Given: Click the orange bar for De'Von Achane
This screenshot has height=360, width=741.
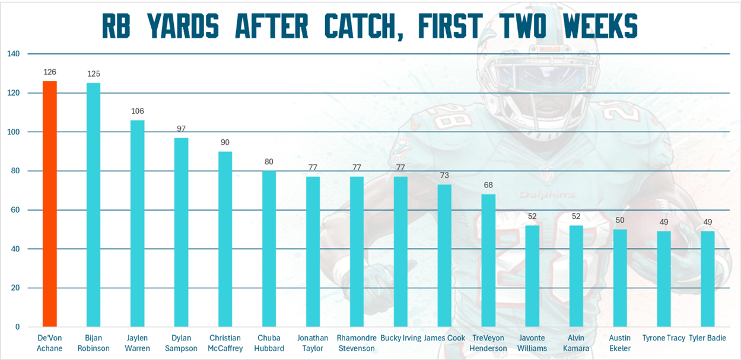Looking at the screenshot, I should (x=50, y=204).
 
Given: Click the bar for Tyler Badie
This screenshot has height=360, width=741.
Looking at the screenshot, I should (x=708, y=279).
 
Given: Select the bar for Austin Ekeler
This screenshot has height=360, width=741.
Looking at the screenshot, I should (x=620, y=278).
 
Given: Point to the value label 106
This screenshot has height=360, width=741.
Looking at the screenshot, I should (x=138, y=111).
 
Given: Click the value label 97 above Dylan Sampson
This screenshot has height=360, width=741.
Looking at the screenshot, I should (x=182, y=129).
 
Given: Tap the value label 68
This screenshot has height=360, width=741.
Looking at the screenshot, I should (x=488, y=185).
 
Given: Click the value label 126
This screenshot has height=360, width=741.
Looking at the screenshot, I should (x=50, y=72).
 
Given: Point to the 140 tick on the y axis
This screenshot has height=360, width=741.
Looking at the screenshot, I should (x=14, y=54).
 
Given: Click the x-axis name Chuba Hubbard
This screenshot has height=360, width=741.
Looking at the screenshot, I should (x=269, y=343).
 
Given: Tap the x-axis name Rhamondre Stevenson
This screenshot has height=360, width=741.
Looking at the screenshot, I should (x=357, y=343).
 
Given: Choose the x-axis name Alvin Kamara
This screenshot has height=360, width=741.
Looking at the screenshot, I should (x=576, y=343).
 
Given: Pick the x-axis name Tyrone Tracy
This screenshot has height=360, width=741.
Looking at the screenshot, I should (x=664, y=339).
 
